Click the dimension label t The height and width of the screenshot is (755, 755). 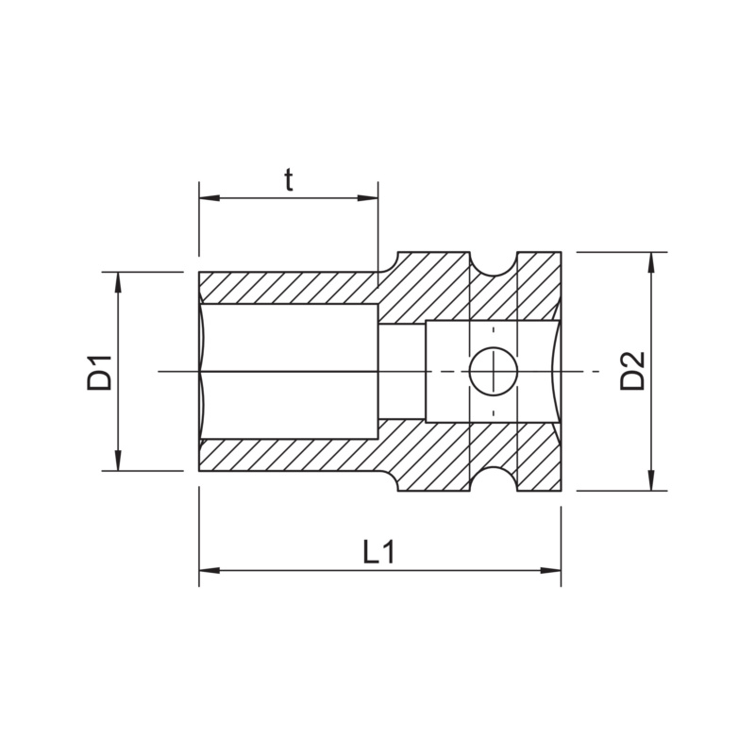[289, 180]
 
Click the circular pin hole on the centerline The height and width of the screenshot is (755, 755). [493, 372]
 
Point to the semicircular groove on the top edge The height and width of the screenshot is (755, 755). [494, 263]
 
